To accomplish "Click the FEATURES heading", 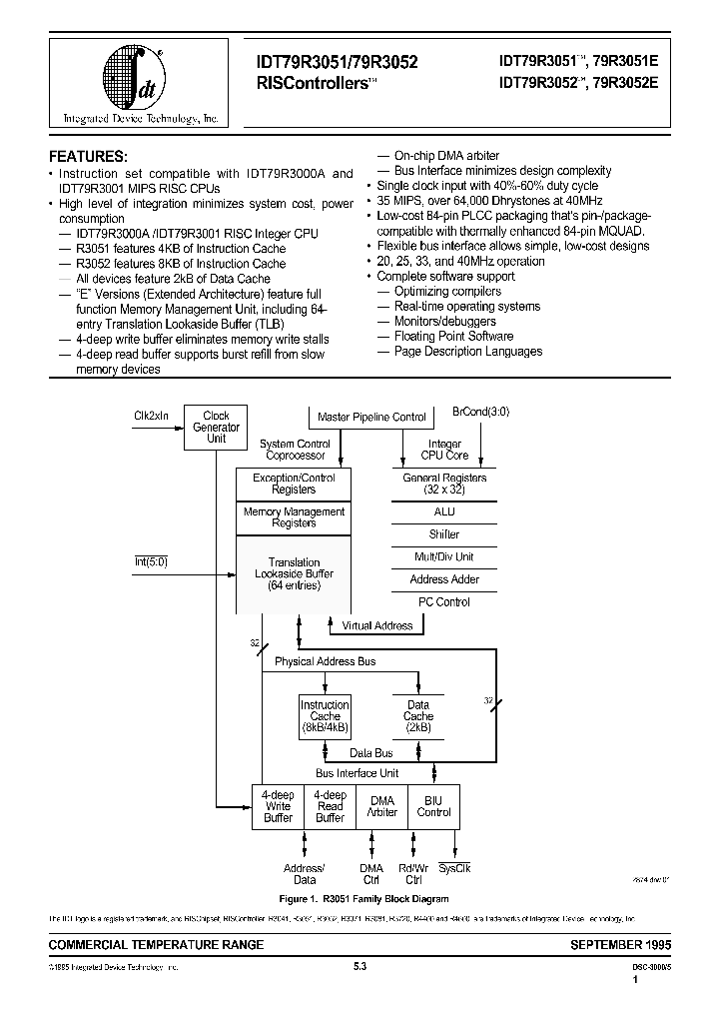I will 89,157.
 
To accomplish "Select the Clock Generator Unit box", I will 216,427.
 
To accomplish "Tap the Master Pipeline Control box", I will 370,418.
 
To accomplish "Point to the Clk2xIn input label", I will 151,414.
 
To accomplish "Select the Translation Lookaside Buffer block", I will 294,574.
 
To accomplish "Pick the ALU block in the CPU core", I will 444,511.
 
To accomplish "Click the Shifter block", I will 444,534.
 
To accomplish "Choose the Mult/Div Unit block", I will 444,556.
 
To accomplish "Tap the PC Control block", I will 444,601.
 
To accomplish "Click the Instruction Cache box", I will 325,716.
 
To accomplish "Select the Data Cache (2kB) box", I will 418,716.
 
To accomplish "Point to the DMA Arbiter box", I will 382,806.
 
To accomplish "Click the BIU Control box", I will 434,806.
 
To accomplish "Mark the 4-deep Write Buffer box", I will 278,806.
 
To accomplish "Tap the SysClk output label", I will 454,868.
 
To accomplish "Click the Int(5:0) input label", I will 152,561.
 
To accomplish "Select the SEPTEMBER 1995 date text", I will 620,944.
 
